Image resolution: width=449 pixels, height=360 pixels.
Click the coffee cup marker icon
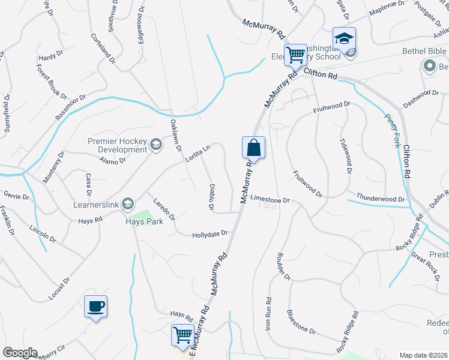click(x=96, y=307)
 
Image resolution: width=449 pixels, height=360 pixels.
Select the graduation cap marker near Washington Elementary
click(x=344, y=39)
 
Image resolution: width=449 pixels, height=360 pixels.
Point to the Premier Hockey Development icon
click(x=156, y=144)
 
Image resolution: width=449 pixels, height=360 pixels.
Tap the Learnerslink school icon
click(x=127, y=205)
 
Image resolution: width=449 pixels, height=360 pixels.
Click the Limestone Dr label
click(x=270, y=198)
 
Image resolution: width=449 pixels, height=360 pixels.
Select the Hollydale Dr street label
click(x=210, y=234)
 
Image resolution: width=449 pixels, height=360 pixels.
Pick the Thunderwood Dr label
click(x=381, y=198)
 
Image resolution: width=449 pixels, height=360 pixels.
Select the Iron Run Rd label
click(x=268, y=313)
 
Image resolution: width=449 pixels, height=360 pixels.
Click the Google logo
click(x=20, y=353)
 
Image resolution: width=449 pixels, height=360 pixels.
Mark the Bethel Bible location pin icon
click(x=429, y=66)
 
